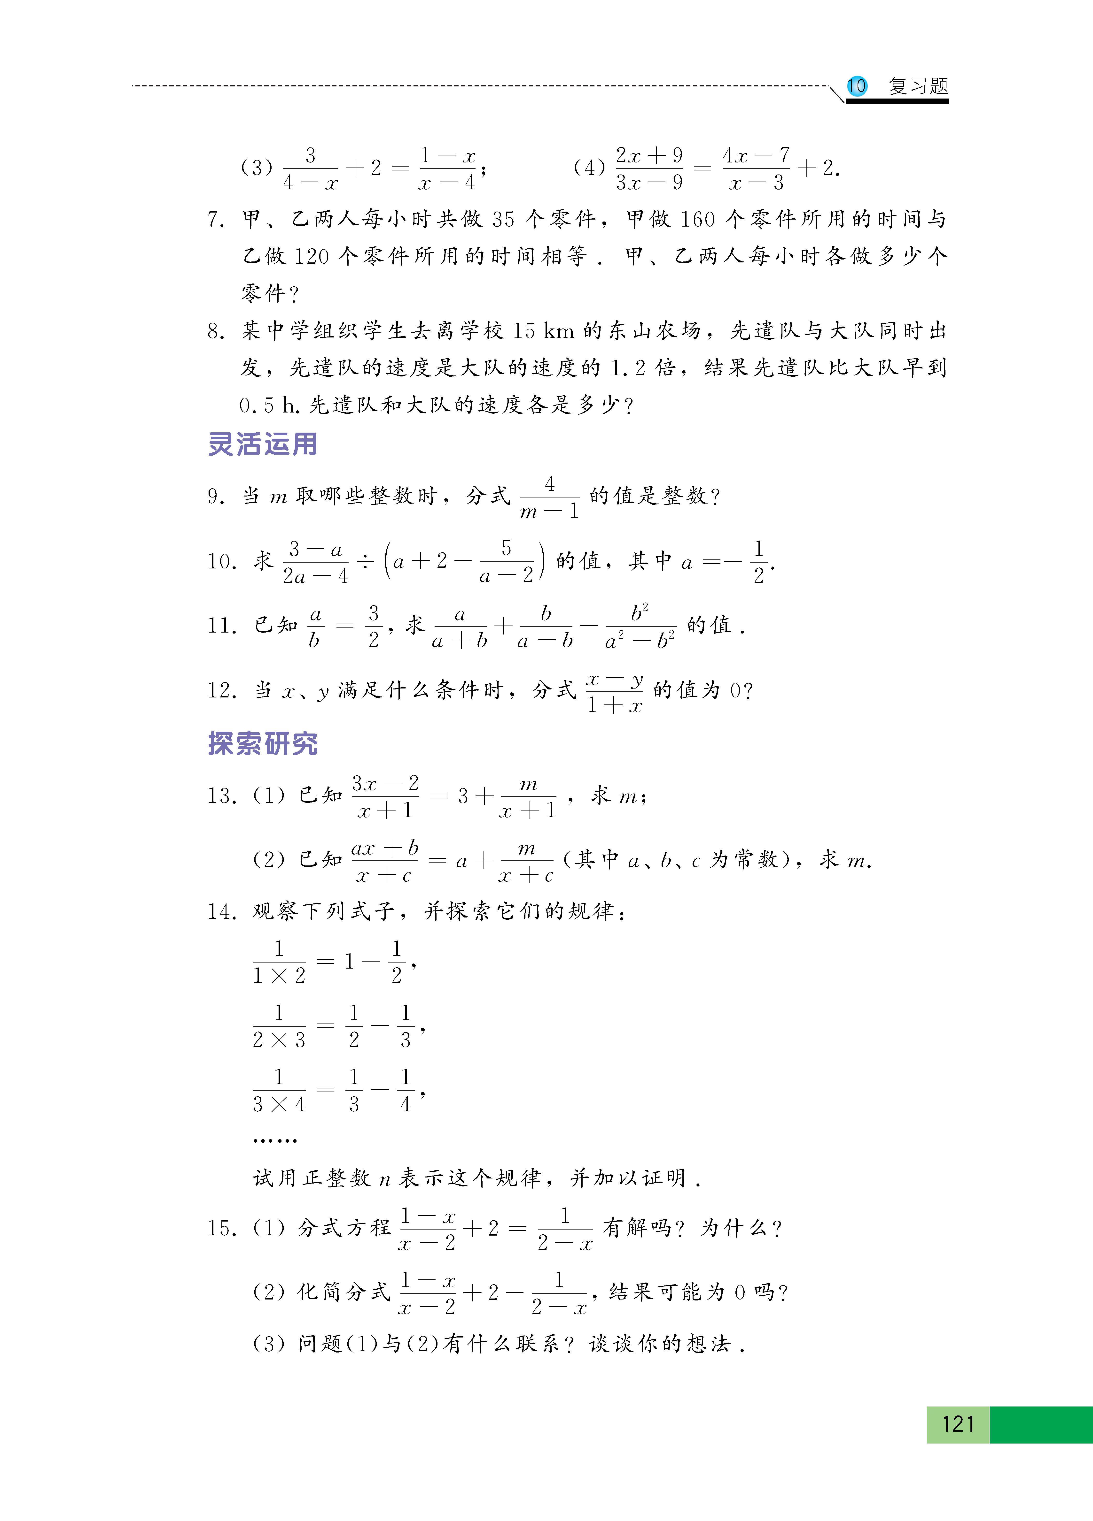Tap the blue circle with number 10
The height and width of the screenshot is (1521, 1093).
tap(856, 86)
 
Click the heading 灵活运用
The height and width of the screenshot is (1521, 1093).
tap(262, 444)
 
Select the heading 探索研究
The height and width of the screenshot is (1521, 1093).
tap(262, 743)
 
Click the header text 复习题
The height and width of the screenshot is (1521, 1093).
tap(918, 86)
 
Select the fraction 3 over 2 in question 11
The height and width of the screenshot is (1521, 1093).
tap(373, 626)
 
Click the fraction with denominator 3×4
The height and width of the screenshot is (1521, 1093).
tap(278, 1090)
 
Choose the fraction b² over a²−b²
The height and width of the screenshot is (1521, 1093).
tap(640, 626)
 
